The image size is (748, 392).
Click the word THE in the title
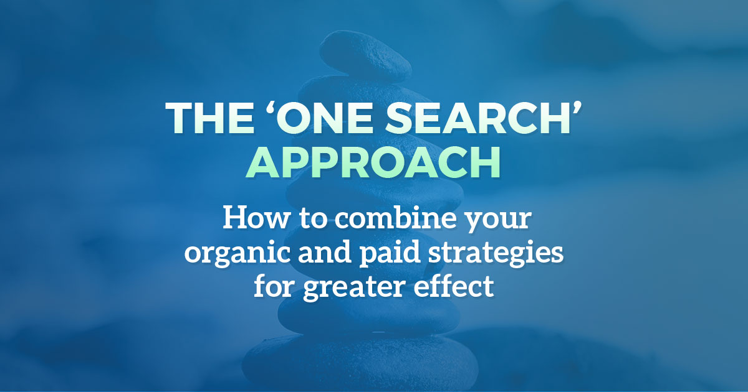[x=209, y=118]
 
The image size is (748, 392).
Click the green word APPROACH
[x=373, y=162]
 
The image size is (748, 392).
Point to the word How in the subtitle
[x=255, y=218]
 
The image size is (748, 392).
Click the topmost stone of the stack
[x=366, y=55]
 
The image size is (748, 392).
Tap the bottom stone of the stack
[x=360, y=365]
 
